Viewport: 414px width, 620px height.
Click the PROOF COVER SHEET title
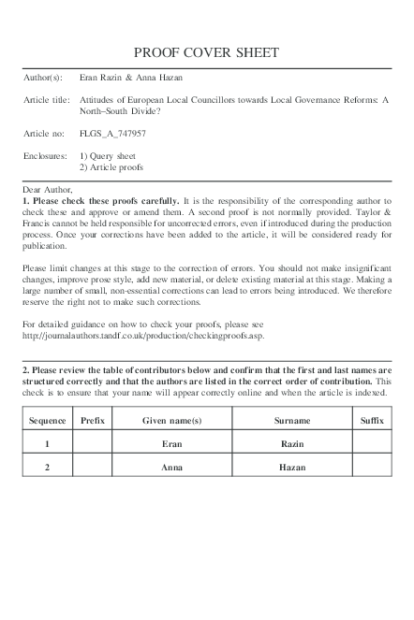[206, 52]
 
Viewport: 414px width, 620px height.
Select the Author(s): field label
[43, 77]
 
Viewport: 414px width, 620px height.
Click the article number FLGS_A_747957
[112, 134]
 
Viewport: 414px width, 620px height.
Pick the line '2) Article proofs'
[111, 166]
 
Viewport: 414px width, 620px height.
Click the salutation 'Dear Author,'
[46, 190]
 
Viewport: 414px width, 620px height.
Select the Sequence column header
[47, 421]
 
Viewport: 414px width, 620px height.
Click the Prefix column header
[93, 421]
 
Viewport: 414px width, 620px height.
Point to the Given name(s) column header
[171, 421]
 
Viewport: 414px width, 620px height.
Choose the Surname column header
[292, 421]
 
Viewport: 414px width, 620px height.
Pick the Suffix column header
[372, 421]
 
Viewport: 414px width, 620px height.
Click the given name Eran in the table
[171, 443]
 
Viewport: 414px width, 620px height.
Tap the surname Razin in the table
[292, 443]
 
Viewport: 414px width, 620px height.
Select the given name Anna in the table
[171, 466]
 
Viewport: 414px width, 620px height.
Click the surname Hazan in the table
[292, 466]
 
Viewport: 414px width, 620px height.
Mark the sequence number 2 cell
[47, 466]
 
